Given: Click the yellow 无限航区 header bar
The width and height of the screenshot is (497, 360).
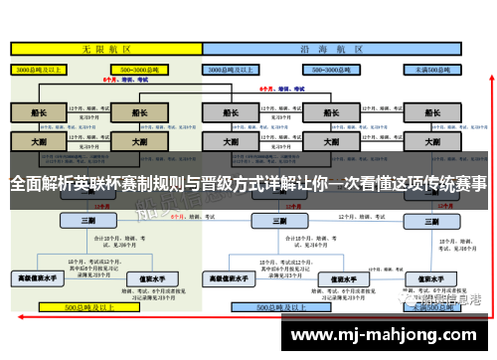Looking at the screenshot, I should [x=100, y=49].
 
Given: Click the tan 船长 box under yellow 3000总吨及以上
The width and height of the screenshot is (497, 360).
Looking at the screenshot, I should [x=38, y=112].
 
